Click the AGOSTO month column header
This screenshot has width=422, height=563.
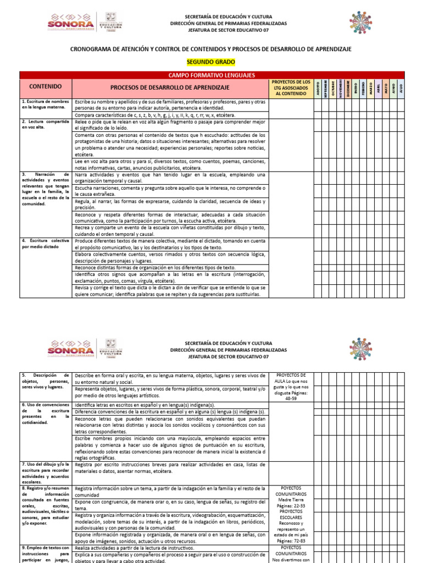318,89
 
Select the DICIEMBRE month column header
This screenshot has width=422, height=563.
348,89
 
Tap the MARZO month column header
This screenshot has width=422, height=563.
371,89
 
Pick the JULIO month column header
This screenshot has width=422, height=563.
401,89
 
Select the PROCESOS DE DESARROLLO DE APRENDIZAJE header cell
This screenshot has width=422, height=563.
169,87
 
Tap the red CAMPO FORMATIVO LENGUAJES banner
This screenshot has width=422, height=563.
212,75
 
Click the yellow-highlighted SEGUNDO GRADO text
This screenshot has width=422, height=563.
211,63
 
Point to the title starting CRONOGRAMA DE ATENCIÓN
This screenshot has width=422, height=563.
211,49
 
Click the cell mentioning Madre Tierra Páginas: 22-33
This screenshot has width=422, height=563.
290,498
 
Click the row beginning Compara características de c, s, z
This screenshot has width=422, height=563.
169,115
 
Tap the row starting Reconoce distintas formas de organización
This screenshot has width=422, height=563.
169,267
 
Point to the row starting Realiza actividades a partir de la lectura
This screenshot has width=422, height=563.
169,548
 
